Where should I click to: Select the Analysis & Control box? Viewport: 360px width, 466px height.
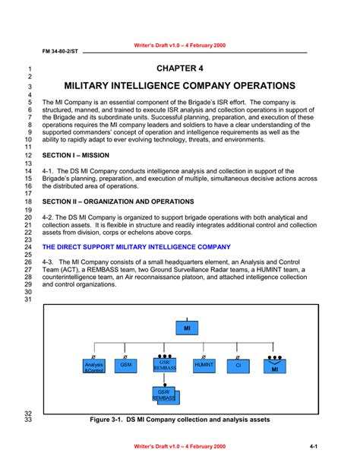(x=93, y=367)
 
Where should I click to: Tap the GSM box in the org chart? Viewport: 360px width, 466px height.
(x=125, y=366)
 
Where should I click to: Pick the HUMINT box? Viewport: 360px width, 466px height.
(x=204, y=366)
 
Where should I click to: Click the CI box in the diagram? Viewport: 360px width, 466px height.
(x=238, y=366)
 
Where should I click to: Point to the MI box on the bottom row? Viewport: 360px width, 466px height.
(x=274, y=367)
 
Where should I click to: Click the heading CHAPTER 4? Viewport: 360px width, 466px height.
(x=180, y=68)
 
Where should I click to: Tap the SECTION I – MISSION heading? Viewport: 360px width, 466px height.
(x=76, y=154)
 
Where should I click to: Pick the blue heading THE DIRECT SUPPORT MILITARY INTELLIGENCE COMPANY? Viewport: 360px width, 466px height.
(x=136, y=247)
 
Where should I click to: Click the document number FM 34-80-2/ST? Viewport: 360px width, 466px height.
(x=59, y=52)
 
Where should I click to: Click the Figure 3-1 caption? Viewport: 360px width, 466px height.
(x=180, y=420)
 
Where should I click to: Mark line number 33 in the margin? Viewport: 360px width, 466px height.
(x=27, y=420)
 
